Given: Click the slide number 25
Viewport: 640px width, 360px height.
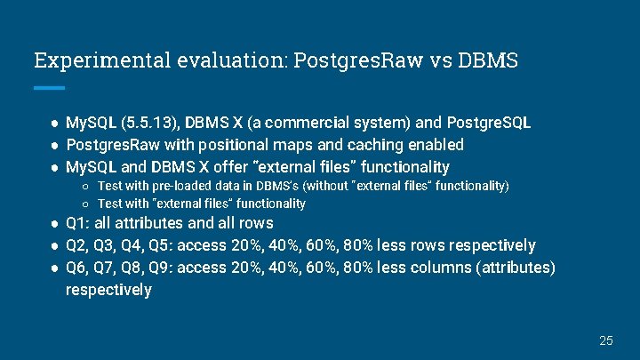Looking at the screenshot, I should [606, 340].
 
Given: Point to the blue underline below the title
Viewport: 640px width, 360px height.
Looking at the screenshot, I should [49, 88].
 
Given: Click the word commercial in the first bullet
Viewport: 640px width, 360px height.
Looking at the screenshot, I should [331, 122].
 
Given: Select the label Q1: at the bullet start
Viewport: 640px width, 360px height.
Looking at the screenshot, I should [78, 223].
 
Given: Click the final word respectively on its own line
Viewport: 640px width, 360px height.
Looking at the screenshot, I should [108, 290].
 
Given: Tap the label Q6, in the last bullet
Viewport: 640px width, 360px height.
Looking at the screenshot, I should [78, 268].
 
